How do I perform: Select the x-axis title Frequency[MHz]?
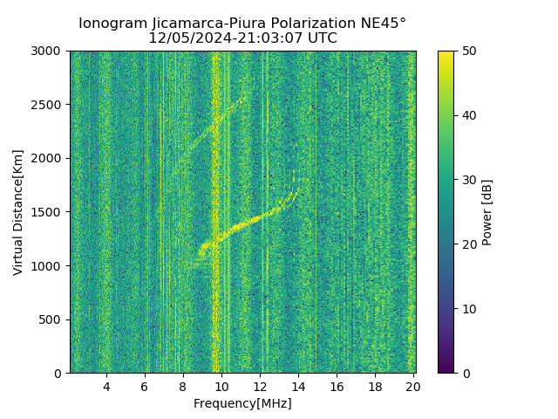[242, 403]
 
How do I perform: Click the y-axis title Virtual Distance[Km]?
[18, 212]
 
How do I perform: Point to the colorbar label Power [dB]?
[487, 212]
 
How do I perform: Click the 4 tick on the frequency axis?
[106, 386]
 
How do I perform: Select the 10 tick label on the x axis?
[221, 386]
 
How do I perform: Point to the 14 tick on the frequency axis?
[298, 386]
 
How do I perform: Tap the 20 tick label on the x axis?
[413, 386]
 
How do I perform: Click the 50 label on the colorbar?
[468, 52]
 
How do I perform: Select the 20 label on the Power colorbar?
[468, 244]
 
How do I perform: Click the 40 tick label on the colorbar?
[468, 116]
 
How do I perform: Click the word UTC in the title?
[322, 38]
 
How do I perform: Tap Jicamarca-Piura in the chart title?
[228, 24]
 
